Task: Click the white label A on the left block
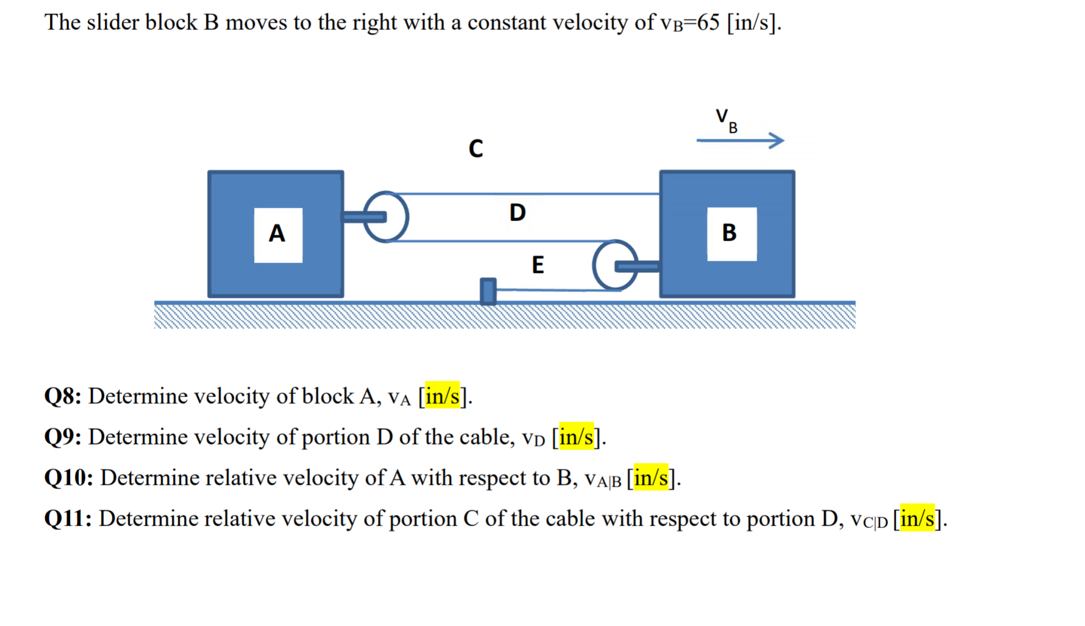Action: [278, 234]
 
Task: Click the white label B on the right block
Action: [731, 234]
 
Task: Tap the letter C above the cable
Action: [476, 149]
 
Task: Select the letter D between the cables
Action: [518, 213]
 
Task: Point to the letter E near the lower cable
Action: [538, 265]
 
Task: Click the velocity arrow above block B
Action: [740, 141]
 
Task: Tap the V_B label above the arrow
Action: [726, 120]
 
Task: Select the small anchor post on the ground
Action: [488, 291]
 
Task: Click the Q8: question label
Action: [63, 396]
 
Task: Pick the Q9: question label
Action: [63, 437]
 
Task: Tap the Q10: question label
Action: [68, 478]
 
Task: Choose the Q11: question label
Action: [68, 519]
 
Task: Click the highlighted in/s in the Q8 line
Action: [442, 396]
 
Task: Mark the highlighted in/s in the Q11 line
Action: [917, 519]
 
